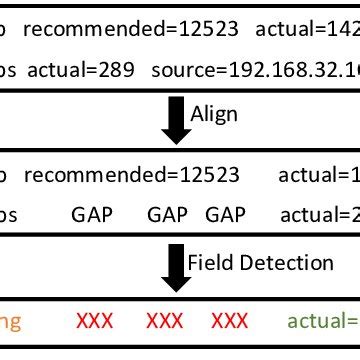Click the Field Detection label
[260, 263]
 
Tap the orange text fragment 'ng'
[10, 322]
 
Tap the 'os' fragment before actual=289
[9, 72]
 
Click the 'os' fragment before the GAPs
[9, 214]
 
